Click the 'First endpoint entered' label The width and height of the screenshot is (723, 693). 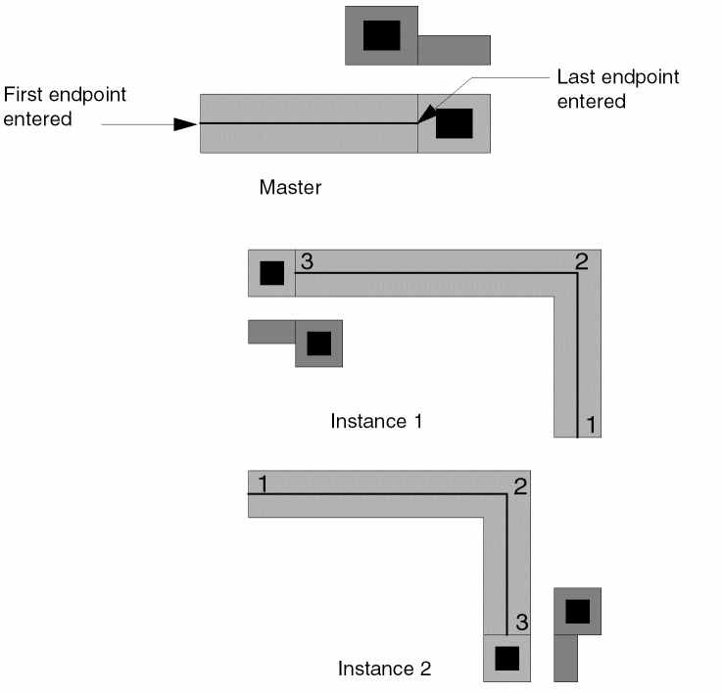65,107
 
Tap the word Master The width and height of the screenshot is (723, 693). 290,187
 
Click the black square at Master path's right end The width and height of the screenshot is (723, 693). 455,123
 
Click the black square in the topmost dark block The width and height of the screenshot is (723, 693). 382,35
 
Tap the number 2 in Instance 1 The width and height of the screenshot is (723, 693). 581,262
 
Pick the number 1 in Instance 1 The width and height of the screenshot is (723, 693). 591,425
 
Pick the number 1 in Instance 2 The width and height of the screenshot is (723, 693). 262,483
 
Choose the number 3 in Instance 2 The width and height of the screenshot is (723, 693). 522,622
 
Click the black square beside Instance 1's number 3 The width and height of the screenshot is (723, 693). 272,273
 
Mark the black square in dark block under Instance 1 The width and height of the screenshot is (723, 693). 319,344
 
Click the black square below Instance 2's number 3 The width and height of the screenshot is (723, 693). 506,659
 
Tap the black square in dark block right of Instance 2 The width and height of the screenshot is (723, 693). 577,611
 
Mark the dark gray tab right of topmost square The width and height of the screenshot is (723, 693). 454,50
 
